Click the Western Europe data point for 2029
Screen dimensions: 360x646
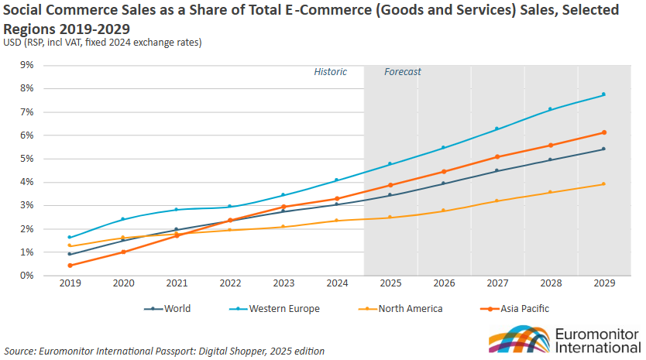603,94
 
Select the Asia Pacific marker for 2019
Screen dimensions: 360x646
70,266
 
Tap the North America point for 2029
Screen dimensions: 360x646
603,184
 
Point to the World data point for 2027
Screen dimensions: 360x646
497,171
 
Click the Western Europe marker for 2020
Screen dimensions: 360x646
123,219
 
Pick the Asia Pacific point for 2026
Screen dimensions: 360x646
444,172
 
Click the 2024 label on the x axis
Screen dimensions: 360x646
337,284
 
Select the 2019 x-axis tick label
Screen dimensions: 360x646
70,284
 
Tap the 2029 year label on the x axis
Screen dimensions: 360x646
603,284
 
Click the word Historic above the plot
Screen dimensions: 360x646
330,72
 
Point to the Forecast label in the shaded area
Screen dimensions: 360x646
403,72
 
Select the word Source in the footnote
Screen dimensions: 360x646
19,351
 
